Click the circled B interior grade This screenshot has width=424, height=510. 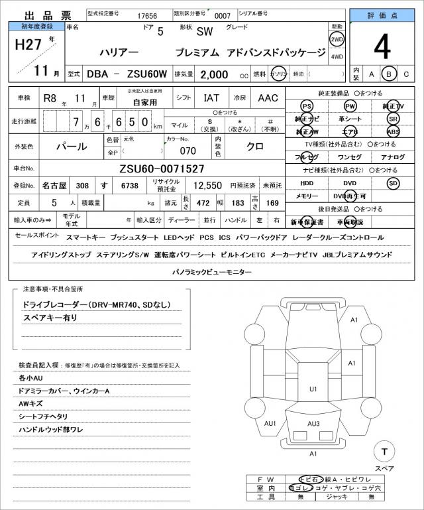tap(390, 74)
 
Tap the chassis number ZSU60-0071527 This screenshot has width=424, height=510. tap(162, 168)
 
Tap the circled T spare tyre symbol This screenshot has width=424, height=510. tap(383, 452)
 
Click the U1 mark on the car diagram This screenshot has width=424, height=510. tap(313, 389)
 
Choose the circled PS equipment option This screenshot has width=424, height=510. tap(306, 106)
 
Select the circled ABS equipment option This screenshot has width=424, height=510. tap(394, 131)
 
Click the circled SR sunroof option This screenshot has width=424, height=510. tap(394, 119)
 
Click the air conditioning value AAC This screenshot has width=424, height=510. tap(268, 97)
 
